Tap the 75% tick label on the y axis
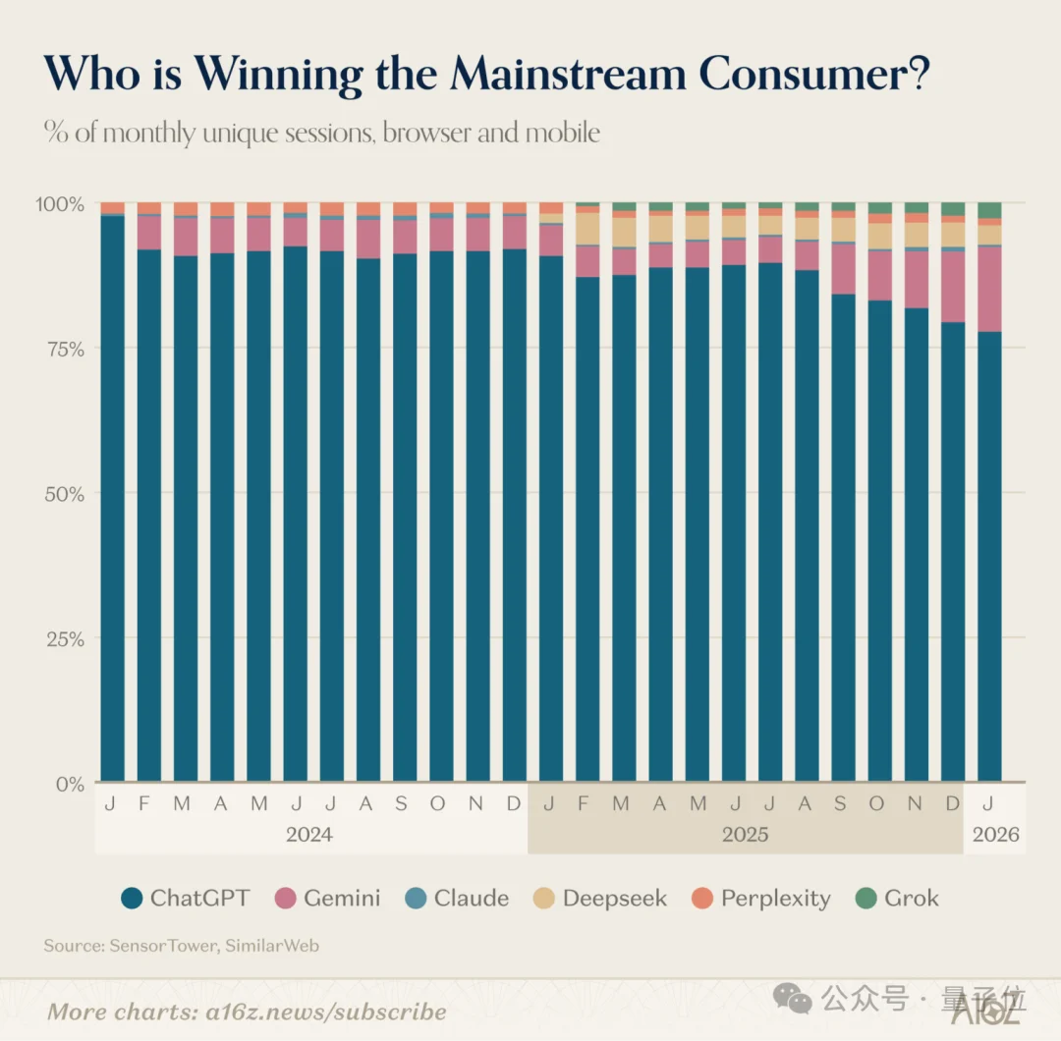tap(63, 349)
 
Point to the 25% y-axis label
tap(63, 639)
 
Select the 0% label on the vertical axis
tap(70, 784)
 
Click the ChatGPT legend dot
tap(133, 898)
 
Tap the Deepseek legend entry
tap(614, 898)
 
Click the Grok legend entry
tap(911, 898)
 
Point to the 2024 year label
tap(309, 836)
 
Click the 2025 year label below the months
tap(745, 836)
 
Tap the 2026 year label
tap(995, 836)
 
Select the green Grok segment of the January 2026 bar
tap(989, 210)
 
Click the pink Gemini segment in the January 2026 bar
tap(989, 289)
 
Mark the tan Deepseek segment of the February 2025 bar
tap(587, 229)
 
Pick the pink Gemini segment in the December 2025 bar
tap(953, 287)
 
